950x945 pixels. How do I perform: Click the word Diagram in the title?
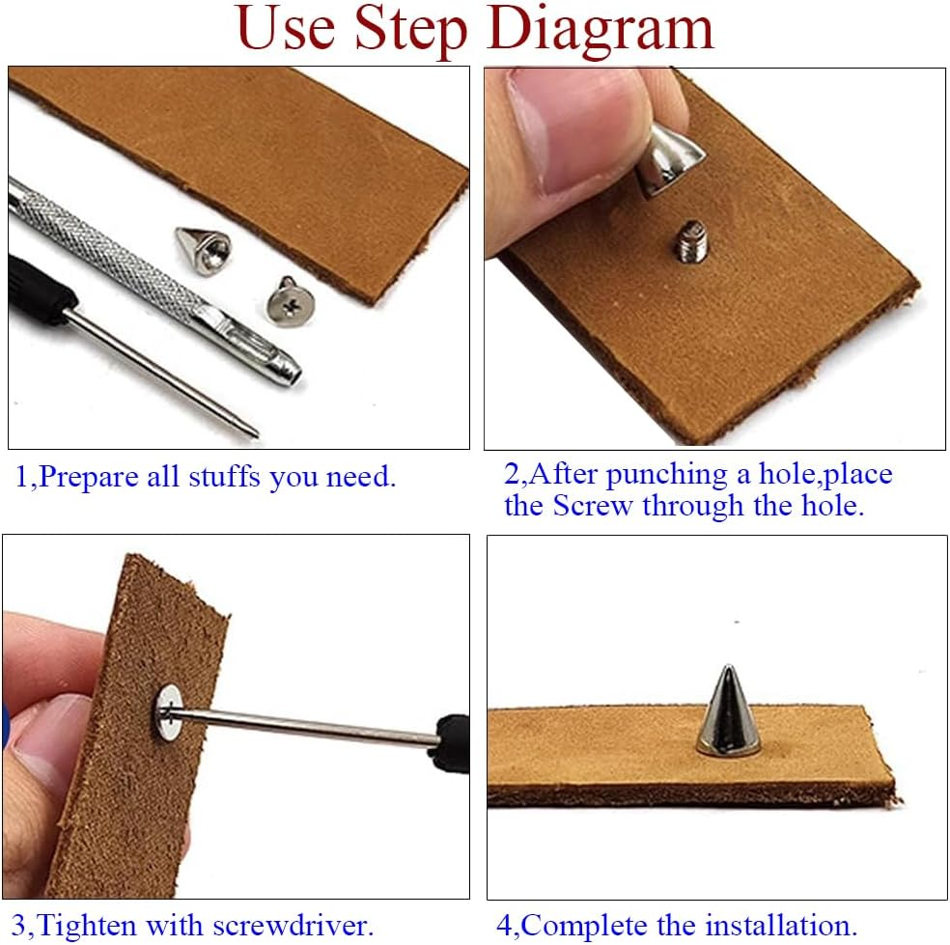pyautogui.click(x=601, y=29)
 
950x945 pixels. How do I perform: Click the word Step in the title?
pyautogui.click(x=410, y=29)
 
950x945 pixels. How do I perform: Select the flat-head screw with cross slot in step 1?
pyautogui.click(x=291, y=302)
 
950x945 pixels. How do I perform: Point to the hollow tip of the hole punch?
pyautogui.click(x=292, y=375)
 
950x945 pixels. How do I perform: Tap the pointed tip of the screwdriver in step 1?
pyautogui.click(x=257, y=433)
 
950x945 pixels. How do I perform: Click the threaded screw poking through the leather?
pyautogui.click(x=691, y=241)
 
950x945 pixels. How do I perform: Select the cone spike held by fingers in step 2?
pyautogui.click(x=669, y=159)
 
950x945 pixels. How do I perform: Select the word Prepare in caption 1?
pyautogui.click(x=88, y=478)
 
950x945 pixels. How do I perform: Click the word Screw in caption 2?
pyautogui.click(x=593, y=506)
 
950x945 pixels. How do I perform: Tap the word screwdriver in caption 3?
pyautogui.click(x=293, y=927)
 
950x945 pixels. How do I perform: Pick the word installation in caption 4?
pyautogui.click(x=781, y=927)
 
